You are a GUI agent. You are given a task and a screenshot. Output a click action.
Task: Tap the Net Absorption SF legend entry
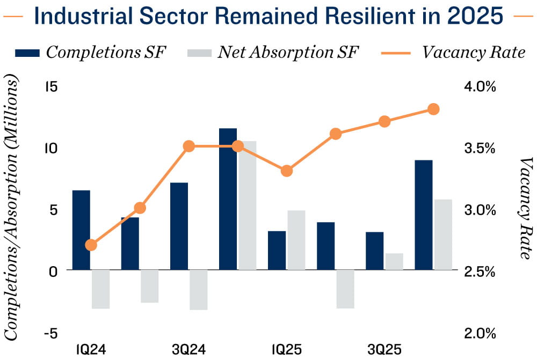273,52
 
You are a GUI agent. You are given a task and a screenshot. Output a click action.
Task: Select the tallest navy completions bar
228,199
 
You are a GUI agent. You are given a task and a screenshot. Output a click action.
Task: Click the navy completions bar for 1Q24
81,230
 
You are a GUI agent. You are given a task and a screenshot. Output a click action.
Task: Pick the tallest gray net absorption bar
248,205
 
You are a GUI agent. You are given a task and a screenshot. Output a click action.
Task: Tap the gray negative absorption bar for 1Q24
100,289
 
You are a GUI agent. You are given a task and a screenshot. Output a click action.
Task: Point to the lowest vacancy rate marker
91,245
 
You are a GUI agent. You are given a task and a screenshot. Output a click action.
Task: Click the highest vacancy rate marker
433,109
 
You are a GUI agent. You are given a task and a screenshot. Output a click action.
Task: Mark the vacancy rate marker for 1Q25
287,171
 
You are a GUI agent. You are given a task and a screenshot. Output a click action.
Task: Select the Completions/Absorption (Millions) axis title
12,208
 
